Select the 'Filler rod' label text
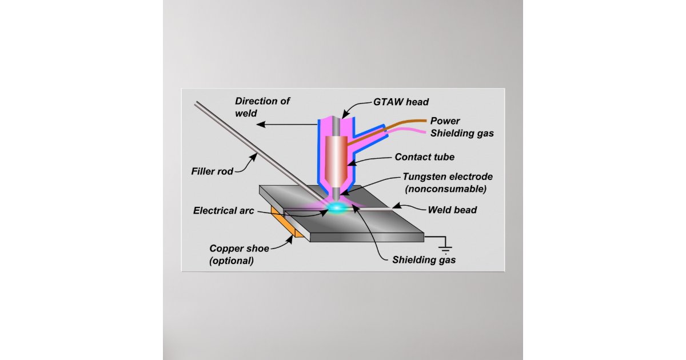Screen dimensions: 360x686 tap(213, 170)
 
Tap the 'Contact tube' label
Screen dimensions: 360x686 tap(424, 157)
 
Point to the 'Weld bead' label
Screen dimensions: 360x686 tap(452, 210)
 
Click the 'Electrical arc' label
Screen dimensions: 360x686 tap(224, 210)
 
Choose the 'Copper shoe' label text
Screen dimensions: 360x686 tap(239, 248)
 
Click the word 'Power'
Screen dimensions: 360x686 tap(445, 121)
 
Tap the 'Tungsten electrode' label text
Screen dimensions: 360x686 tap(448, 177)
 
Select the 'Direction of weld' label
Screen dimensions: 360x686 tap(262, 107)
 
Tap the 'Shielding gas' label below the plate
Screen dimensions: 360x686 tap(424, 259)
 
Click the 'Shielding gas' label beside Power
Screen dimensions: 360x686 tap(462, 133)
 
